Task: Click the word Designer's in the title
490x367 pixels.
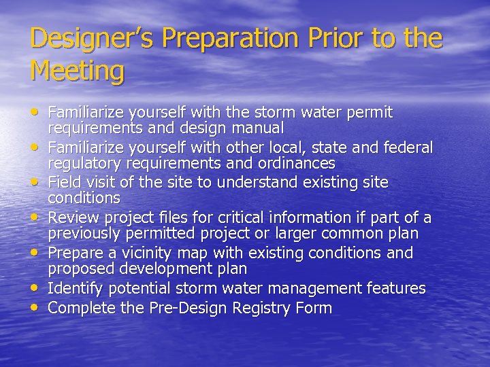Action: tap(81, 38)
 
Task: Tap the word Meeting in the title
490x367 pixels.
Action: tap(78, 71)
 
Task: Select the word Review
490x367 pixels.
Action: tap(73, 217)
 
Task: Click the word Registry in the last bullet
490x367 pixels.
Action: tap(260, 308)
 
